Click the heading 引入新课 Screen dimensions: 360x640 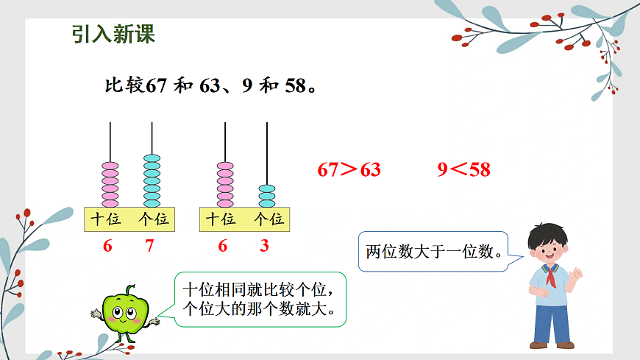[114, 34]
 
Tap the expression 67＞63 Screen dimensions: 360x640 [349, 170]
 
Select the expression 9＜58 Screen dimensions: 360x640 [463, 170]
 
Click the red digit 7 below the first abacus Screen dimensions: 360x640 [150, 247]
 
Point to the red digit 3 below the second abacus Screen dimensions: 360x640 [265, 247]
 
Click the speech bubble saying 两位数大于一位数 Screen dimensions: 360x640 [434, 253]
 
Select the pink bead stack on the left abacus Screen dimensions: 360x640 [110, 183]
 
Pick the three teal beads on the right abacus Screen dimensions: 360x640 [266, 195]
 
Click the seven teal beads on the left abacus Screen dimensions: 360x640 [152, 180]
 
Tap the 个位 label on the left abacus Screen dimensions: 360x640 [153, 219]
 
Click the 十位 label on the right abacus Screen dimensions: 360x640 [221, 219]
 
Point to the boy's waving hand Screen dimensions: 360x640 [576, 275]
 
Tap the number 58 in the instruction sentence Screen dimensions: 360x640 [294, 86]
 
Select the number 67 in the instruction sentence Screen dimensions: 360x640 [157, 86]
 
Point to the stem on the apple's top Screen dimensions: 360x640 [130, 290]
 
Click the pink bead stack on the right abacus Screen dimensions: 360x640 [224, 183]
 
